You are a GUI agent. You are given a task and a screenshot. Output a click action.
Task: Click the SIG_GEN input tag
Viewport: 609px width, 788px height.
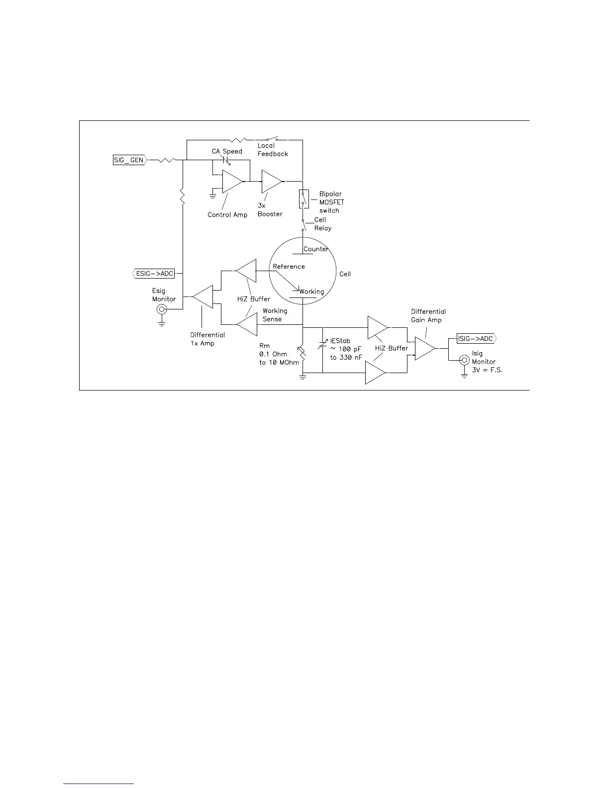pos(129,160)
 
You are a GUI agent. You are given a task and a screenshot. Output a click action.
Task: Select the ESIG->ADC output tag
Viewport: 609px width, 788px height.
pos(154,273)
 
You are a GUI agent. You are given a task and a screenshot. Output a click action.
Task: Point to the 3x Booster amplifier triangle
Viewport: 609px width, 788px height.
pos(271,182)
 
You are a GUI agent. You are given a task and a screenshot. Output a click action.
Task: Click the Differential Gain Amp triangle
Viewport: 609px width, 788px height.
pos(424,348)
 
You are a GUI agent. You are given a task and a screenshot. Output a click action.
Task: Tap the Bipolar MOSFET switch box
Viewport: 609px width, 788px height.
pos(303,199)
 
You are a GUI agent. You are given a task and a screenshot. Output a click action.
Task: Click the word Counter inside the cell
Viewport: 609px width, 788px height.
pos(316,249)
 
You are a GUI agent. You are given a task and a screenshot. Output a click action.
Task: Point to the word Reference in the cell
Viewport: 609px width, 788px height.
pos(289,266)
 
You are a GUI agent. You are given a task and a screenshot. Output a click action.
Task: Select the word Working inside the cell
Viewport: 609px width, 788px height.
pos(311,292)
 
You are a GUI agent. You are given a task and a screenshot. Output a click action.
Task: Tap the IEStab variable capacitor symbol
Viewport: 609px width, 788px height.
pos(323,343)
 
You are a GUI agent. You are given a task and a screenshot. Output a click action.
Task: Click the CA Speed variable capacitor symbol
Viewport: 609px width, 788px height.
pos(227,160)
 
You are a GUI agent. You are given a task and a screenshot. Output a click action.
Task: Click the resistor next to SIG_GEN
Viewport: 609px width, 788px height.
pos(167,160)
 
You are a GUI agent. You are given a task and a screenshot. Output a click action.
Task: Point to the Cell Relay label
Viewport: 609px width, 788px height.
pos(322,224)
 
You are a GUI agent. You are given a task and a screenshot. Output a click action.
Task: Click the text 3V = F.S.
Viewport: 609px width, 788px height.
pos(487,370)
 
